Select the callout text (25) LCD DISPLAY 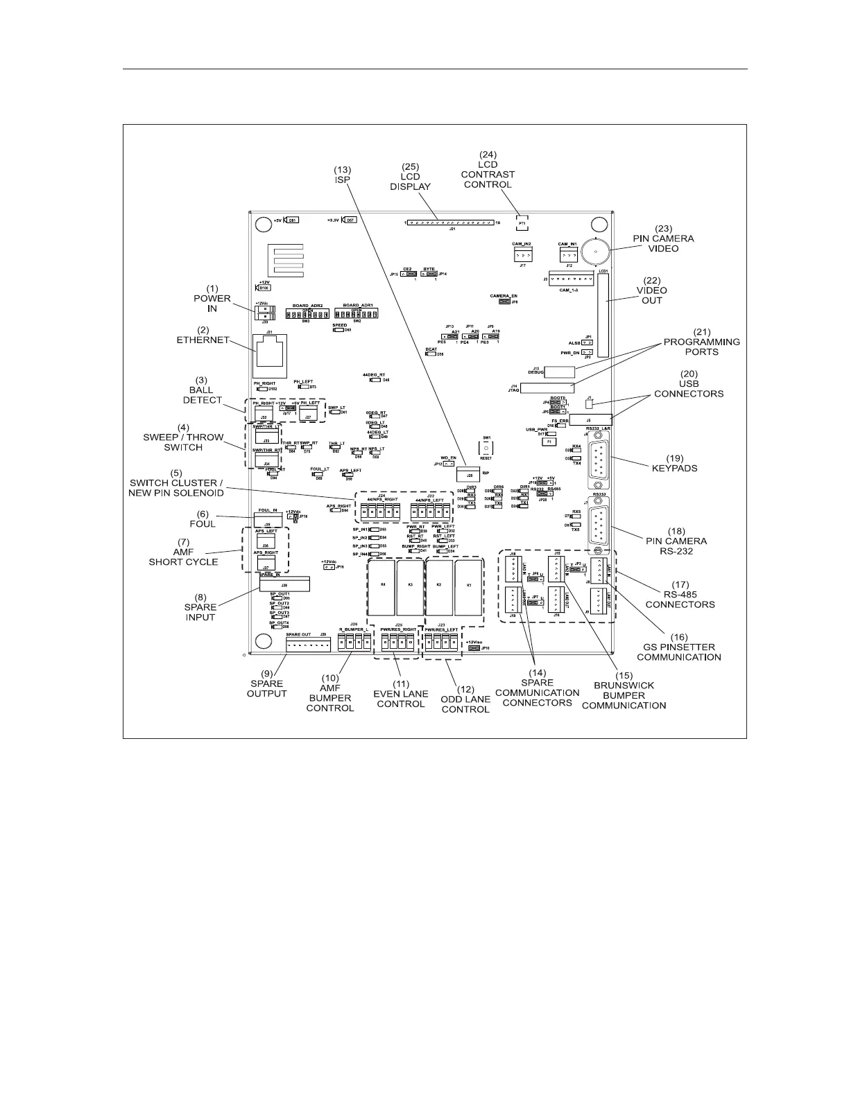(410, 177)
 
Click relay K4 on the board (382, 586)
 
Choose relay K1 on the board (469, 586)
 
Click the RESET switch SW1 (486, 448)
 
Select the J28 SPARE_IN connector (284, 585)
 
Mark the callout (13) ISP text (342, 174)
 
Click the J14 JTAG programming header (552, 386)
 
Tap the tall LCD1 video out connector (603, 315)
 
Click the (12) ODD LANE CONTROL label (465, 699)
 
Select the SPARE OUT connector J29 (308, 645)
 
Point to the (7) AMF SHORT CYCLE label (183, 552)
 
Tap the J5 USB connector (589, 419)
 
